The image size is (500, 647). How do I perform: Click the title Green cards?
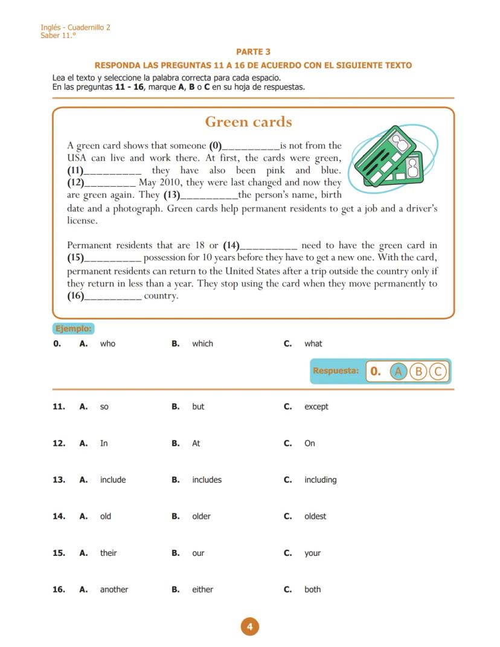pyautogui.click(x=248, y=122)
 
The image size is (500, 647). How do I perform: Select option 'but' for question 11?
pyautogui.click(x=198, y=407)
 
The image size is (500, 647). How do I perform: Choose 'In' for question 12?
pyautogui.click(x=104, y=443)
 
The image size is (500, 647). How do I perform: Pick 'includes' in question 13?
pyautogui.click(x=207, y=480)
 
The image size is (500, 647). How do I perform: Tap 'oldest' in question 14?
pyautogui.click(x=315, y=517)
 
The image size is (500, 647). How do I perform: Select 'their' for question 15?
pyautogui.click(x=109, y=553)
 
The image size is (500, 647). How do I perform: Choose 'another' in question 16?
pyautogui.click(x=114, y=590)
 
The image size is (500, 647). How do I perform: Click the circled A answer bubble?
pyautogui.click(x=398, y=372)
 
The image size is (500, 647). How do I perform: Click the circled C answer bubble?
pyautogui.click(x=438, y=372)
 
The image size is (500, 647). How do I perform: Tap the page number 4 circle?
pyautogui.click(x=249, y=626)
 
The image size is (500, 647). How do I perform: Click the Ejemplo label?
pyautogui.click(x=74, y=329)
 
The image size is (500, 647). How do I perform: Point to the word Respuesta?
pyautogui.click(x=335, y=371)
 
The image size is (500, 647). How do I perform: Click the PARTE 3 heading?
pyautogui.click(x=253, y=52)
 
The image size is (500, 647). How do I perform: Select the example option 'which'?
pyautogui.click(x=202, y=344)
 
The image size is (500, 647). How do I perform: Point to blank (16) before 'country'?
pyautogui.click(x=112, y=297)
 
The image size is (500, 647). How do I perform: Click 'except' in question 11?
pyautogui.click(x=316, y=407)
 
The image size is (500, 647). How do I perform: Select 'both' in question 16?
pyautogui.click(x=312, y=590)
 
